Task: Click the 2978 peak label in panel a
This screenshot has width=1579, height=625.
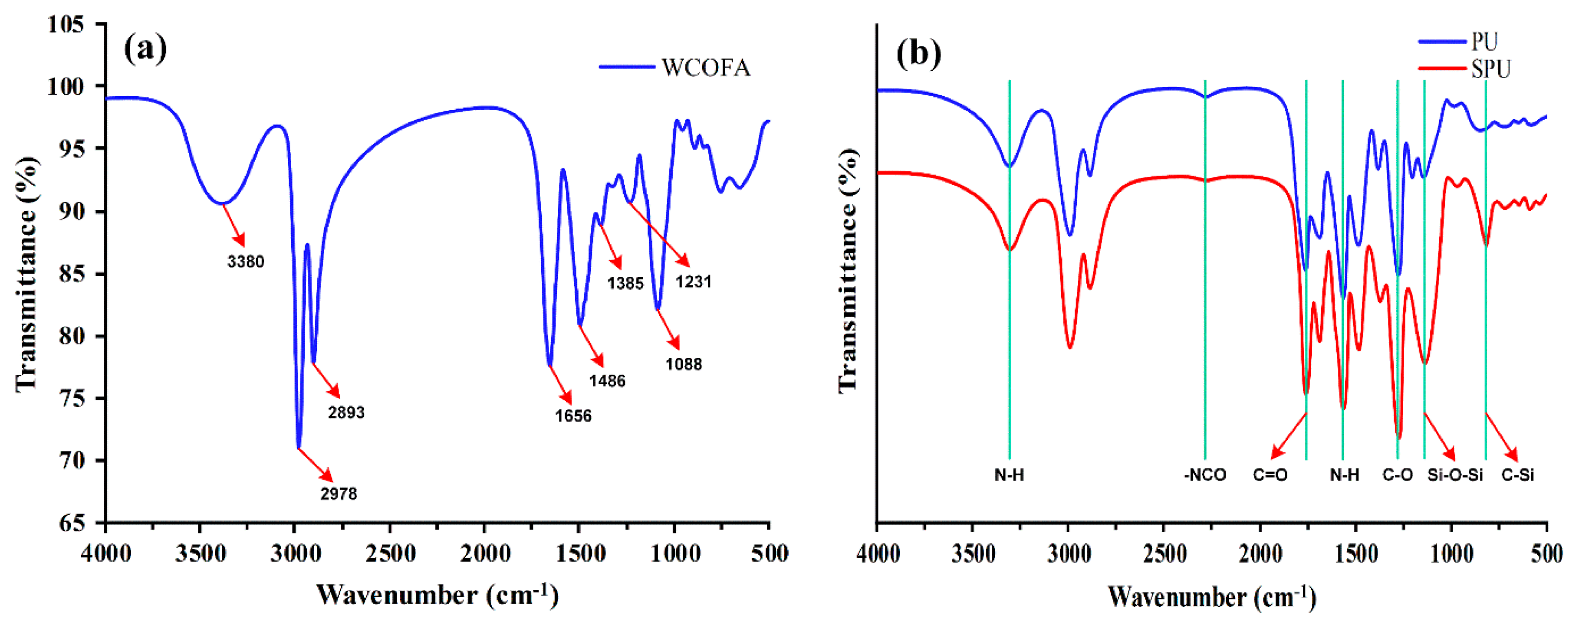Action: click(x=339, y=493)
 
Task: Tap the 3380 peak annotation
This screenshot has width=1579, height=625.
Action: click(x=245, y=262)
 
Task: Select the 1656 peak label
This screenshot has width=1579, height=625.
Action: click(x=573, y=416)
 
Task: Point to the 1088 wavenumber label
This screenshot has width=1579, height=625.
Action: click(x=684, y=365)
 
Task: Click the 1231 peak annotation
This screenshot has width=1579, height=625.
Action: click(x=693, y=282)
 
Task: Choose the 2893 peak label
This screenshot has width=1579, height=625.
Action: click(x=346, y=412)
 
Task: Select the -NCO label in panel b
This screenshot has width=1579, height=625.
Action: click(x=1204, y=475)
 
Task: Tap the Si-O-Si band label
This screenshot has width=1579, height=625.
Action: click(x=1454, y=475)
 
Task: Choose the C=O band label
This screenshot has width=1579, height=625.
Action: click(x=1270, y=475)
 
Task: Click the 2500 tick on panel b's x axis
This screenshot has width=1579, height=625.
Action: click(x=1165, y=554)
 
